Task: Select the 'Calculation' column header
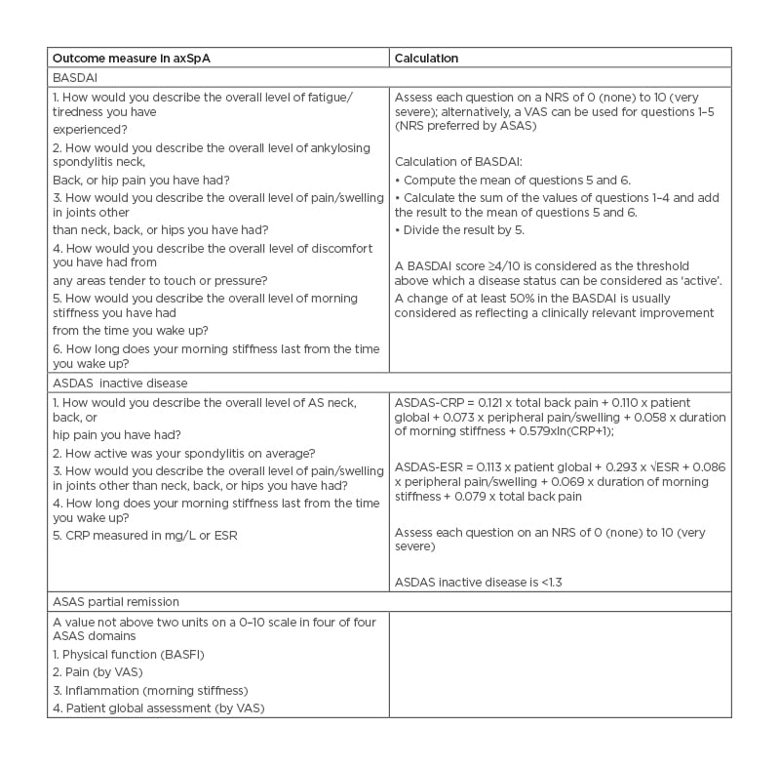(426, 59)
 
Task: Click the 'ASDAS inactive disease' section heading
(120, 383)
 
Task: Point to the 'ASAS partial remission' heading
(116, 602)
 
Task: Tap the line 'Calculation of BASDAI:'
(457, 163)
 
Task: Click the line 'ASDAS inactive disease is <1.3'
(478, 583)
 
